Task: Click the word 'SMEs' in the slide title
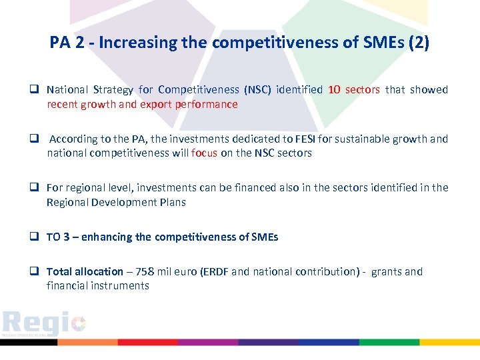[x=380, y=43]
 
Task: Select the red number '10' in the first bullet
[x=335, y=90]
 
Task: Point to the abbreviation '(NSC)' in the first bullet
[x=257, y=90]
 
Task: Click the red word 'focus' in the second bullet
[x=204, y=153]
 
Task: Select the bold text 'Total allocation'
[x=85, y=272]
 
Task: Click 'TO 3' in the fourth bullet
[x=61, y=237]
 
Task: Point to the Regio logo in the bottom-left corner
[x=44, y=323]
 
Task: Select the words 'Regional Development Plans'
[x=116, y=203]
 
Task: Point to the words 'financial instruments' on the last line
[x=98, y=286]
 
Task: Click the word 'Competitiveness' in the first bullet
[x=197, y=90]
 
